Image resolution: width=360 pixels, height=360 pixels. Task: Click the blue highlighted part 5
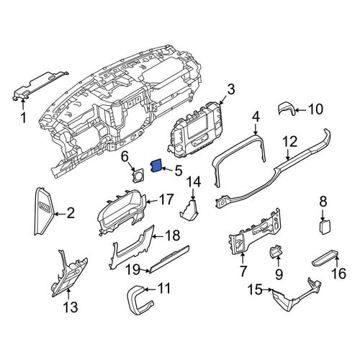point(156,166)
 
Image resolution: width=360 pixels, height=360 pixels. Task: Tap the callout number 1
point(23,118)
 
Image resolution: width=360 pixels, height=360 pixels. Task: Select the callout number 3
point(230,90)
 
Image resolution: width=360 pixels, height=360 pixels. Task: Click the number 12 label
point(291,142)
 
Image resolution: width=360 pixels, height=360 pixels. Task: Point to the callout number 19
point(134,269)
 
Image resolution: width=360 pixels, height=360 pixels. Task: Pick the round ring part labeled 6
point(138,176)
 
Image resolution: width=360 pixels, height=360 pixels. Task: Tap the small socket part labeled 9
point(277,251)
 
